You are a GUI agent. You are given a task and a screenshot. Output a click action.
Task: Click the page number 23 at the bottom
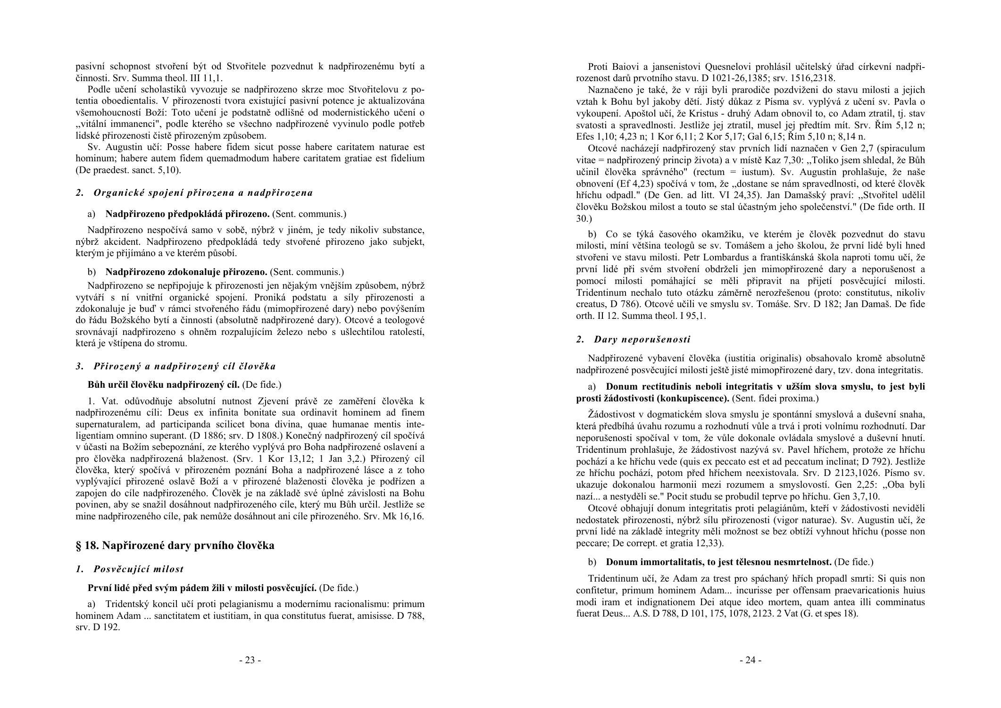[x=250, y=660]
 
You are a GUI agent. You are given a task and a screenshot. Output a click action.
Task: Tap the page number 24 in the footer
[x=750, y=660]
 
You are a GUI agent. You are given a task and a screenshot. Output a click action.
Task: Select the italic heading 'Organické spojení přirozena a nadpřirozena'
[x=203, y=192]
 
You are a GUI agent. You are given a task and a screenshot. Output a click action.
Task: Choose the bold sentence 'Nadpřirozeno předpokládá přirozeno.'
[x=187, y=214]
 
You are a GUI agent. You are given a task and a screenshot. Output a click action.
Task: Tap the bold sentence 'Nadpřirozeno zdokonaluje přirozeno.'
[x=186, y=272]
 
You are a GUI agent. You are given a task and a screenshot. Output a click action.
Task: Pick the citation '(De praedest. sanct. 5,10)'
[x=128, y=170]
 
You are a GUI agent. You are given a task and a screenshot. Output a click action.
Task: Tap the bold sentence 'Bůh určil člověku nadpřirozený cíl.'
[x=164, y=385]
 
